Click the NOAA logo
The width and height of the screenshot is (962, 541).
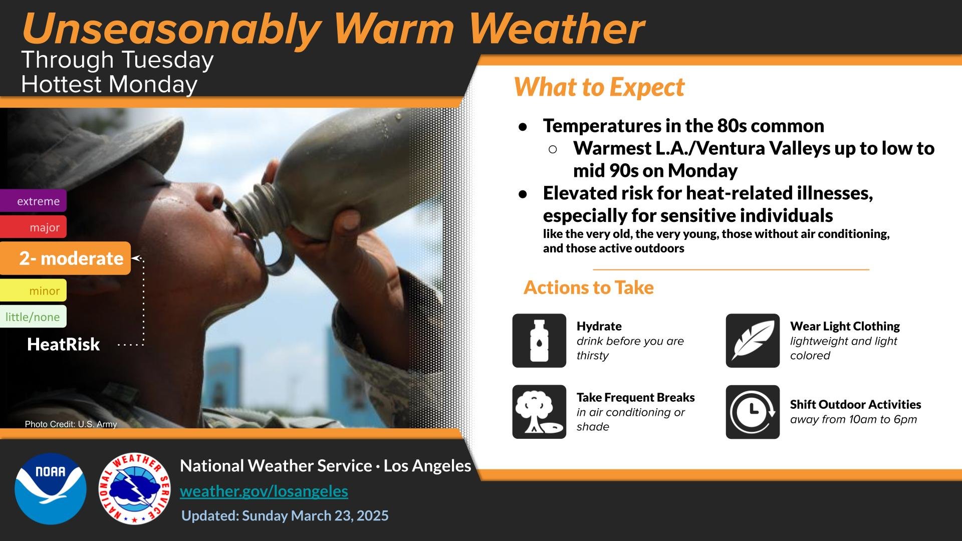click(x=51, y=488)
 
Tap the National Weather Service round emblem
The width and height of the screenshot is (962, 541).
click(x=134, y=488)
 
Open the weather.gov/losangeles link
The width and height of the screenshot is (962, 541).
click(x=264, y=491)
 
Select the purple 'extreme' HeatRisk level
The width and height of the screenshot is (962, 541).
click(x=33, y=201)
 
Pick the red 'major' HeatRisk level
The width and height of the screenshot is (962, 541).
click(x=33, y=227)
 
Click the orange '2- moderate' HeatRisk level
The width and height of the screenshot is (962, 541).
click(x=65, y=258)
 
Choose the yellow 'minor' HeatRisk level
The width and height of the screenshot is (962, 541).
click(x=33, y=290)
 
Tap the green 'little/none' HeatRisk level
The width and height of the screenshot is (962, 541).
click(x=33, y=317)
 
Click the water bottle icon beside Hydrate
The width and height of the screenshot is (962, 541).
click(x=539, y=341)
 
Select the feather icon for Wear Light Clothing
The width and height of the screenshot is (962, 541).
click(x=753, y=341)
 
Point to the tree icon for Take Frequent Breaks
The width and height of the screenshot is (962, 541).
click(x=539, y=412)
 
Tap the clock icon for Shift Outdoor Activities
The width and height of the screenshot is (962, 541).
click(x=753, y=412)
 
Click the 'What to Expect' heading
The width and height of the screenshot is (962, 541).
click(x=599, y=87)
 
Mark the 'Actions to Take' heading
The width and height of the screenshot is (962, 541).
click(x=589, y=288)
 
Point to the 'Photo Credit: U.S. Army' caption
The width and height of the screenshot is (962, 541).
click(x=71, y=424)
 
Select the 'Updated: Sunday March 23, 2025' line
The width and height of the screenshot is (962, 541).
click(x=285, y=515)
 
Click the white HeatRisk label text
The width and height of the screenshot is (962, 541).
click(x=64, y=344)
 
